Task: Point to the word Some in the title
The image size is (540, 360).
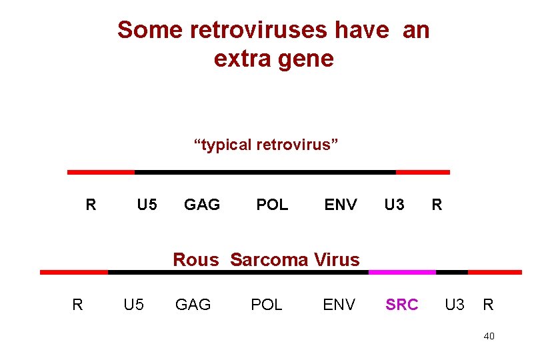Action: click(x=150, y=30)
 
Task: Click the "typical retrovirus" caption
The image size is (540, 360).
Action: click(x=266, y=145)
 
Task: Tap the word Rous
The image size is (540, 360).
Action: click(x=195, y=259)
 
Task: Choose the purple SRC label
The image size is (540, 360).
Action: click(x=402, y=305)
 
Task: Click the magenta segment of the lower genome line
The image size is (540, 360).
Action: click(x=402, y=272)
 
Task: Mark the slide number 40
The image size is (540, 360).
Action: click(x=489, y=336)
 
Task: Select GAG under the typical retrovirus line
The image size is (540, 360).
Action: click(x=202, y=205)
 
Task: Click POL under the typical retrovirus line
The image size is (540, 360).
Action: click(x=273, y=205)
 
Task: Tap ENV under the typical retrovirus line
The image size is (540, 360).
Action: click(x=341, y=205)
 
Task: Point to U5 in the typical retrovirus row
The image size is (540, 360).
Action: click(x=147, y=205)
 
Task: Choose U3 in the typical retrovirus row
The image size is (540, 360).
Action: click(x=394, y=205)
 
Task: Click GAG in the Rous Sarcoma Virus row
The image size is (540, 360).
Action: click(x=193, y=305)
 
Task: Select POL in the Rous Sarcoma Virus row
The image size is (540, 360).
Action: click(x=267, y=305)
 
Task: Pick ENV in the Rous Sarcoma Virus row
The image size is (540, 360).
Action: click(x=339, y=305)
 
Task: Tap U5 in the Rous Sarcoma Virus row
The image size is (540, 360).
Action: click(x=134, y=305)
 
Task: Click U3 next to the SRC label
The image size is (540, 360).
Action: click(x=455, y=305)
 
